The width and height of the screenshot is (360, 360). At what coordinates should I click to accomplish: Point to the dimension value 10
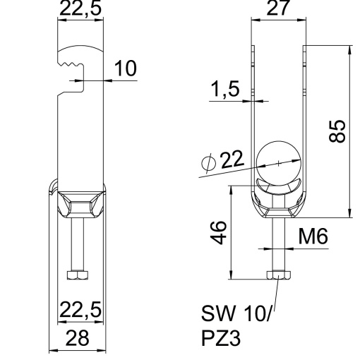click(125, 68)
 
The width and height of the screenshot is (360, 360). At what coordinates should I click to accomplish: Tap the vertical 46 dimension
click(220, 231)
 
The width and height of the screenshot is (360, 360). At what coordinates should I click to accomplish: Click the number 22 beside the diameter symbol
click(231, 160)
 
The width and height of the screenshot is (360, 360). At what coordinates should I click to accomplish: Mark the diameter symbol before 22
click(208, 162)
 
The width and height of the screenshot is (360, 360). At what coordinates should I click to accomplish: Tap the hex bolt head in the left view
click(78, 275)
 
